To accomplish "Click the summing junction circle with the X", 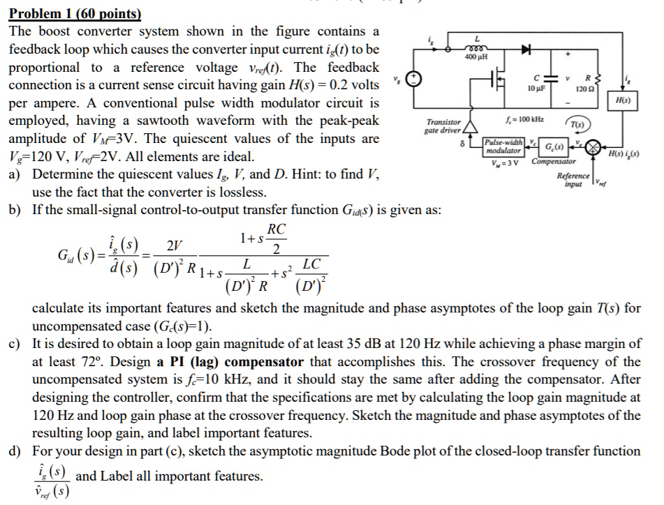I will pos(593,146).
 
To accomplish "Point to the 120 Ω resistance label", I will pos(585,90).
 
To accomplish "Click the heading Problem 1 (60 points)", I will pos(74,14).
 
